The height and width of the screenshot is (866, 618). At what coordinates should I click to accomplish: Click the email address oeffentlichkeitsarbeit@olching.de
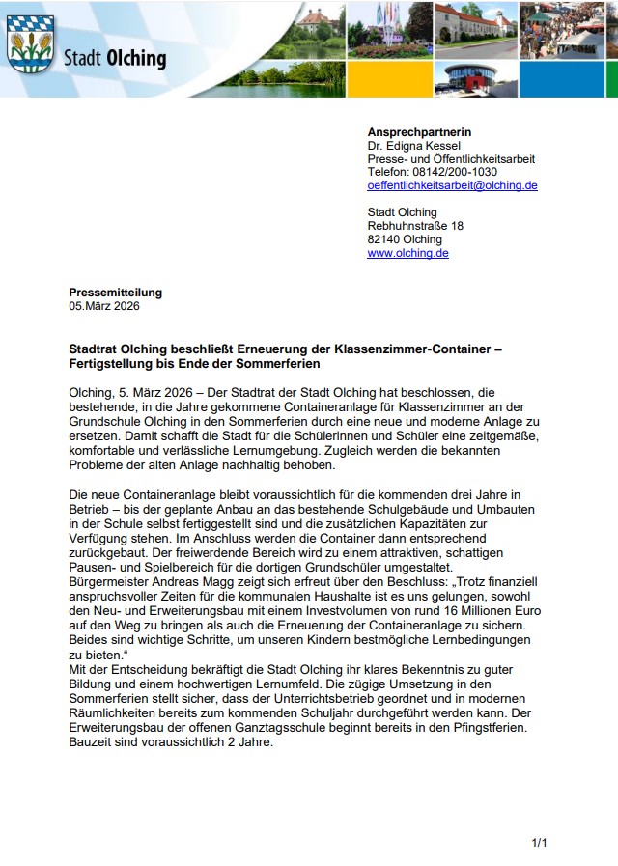pos(452,185)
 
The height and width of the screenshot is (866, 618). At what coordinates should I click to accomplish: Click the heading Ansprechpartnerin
pos(419,131)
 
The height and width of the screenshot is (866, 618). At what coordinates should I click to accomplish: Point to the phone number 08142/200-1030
pos(455,172)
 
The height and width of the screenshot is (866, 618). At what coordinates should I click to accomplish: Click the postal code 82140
pos(384,239)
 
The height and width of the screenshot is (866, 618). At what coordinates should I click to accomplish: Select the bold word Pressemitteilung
pos(116,293)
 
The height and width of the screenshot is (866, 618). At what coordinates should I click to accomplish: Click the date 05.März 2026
pos(104,306)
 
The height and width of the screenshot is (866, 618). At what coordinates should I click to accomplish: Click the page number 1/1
pos(539,843)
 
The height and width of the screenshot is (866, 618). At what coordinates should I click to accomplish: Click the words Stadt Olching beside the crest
pos(114,59)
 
